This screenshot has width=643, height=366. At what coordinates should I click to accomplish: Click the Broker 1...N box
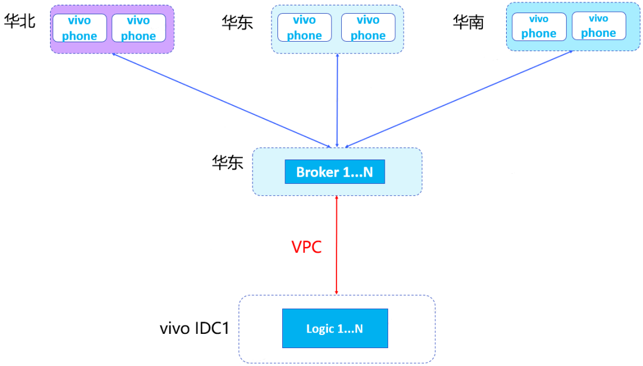pos(335,172)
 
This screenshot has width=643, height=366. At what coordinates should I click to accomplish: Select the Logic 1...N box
pos(335,329)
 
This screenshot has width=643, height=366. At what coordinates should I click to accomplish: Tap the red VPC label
pos(307,247)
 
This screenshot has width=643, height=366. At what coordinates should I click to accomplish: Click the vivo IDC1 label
pos(194,329)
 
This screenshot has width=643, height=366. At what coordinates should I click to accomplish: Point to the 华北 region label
pos(20,21)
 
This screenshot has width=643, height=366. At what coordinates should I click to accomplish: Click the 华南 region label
pos(469,22)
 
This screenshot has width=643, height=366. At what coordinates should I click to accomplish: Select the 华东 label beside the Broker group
pos(227,162)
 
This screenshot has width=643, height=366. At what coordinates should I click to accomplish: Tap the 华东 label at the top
pos(238,23)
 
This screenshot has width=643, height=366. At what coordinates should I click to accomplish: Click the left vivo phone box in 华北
pos(80,28)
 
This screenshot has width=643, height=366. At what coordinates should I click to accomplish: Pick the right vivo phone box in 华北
pos(139,28)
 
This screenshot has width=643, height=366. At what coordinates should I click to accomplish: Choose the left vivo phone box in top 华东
pos(304,27)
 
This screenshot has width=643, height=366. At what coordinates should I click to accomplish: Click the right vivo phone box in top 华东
pos(369,27)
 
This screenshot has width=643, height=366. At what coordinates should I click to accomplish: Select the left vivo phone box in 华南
pos(539,27)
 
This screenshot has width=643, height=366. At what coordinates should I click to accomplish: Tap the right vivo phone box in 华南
pos(599,26)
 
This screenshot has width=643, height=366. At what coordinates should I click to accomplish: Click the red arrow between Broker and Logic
pos(336,245)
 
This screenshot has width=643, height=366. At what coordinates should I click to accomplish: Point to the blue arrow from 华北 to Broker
pos(221,101)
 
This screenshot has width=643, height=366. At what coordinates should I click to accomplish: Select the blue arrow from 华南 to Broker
pos(459,99)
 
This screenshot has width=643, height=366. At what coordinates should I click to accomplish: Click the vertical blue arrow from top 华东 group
pos(337,101)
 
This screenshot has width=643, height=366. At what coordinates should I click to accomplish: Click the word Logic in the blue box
pos(320,329)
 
